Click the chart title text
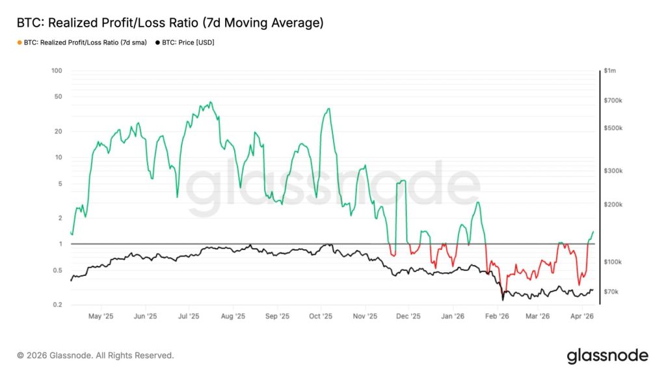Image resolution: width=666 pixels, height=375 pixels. [170, 23]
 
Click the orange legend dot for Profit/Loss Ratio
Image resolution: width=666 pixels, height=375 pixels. [19, 42]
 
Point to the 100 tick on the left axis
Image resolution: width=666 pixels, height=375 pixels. [57, 70]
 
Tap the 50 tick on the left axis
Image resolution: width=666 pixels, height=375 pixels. [58, 96]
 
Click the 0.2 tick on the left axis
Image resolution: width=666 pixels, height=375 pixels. [57, 305]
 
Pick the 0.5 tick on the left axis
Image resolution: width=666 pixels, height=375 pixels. [57, 270]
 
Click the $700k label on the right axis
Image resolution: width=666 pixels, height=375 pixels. [613, 101]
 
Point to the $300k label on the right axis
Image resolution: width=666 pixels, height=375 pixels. [613, 171]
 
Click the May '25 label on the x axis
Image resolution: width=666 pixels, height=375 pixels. [101, 316]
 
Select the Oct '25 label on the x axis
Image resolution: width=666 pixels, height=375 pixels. [321, 316]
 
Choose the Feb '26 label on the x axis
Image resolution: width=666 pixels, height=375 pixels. [498, 316]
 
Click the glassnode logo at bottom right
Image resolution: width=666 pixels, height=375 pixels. [607, 355]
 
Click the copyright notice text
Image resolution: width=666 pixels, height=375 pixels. [96, 355]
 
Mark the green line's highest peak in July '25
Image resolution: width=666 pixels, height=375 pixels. [210, 102]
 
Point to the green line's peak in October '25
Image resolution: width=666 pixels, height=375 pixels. [329, 109]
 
